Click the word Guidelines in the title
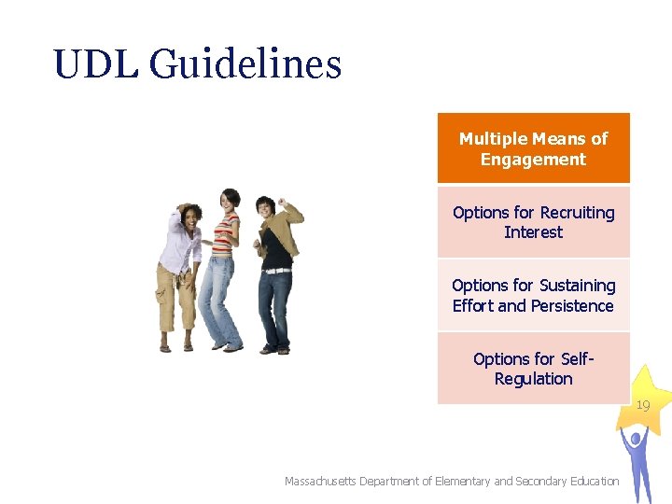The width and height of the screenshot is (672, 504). [x=245, y=64]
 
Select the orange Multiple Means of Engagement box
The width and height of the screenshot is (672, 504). [x=533, y=148]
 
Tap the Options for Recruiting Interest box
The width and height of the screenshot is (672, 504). [x=533, y=222]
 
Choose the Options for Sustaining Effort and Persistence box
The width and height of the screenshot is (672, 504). [x=533, y=295]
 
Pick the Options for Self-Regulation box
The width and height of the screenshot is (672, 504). [x=533, y=369]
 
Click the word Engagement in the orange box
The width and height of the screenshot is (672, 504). [x=533, y=160]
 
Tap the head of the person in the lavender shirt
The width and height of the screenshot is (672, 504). [x=192, y=218]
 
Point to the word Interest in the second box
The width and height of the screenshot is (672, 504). [x=533, y=232]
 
